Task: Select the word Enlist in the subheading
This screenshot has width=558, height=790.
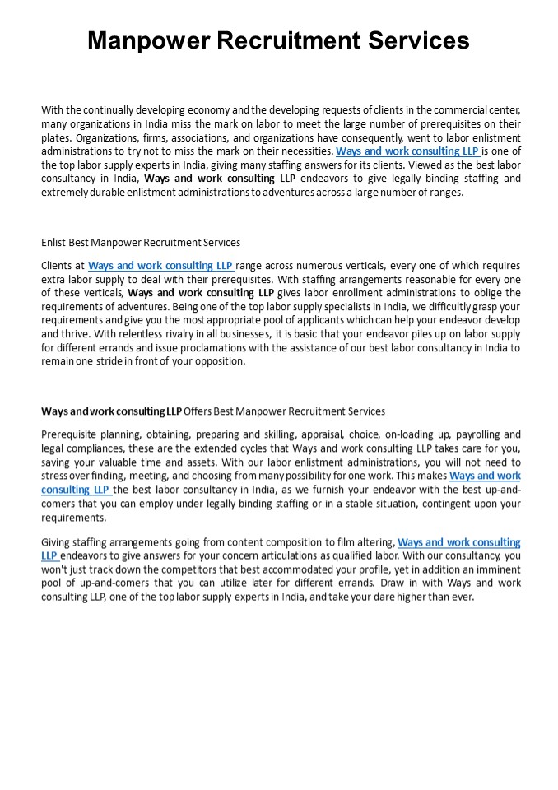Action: [x=54, y=243]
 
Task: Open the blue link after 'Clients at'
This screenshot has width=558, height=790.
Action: [x=161, y=266]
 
